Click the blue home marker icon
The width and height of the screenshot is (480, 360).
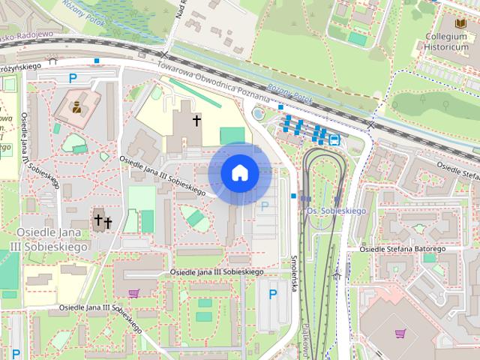tap(239, 173)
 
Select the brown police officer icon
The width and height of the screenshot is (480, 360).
tap(76, 105)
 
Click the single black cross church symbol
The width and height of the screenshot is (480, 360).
tap(196, 120)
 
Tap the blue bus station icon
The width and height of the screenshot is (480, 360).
tap(334, 139)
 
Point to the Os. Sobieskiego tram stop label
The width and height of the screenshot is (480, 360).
tap(337, 211)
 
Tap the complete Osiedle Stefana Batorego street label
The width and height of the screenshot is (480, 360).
tap(404, 249)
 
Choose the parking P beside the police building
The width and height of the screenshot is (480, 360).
tap(73, 77)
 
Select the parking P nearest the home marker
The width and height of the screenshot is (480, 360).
tap(264, 205)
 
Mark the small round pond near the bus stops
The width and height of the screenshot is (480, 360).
tap(259, 114)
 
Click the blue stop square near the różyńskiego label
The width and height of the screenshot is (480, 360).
tap(97, 61)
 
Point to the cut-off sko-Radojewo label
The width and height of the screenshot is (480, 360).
tap(25, 34)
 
